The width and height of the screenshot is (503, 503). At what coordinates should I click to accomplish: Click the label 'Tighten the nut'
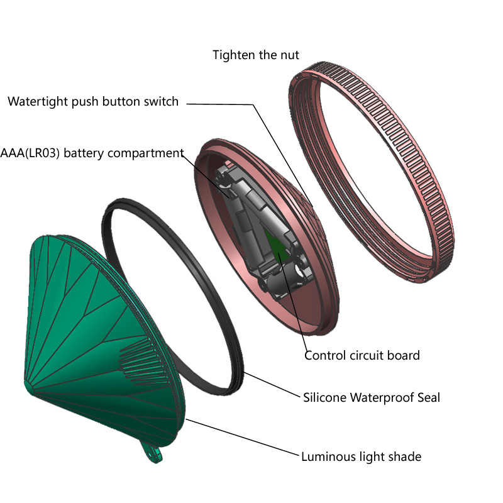click(x=256, y=55)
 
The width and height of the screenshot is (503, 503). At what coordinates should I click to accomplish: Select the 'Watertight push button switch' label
click(x=93, y=101)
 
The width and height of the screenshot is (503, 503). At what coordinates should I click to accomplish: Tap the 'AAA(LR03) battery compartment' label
click(x=92, y=153)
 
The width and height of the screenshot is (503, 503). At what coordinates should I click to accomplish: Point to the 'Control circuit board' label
click(x=362, y=355)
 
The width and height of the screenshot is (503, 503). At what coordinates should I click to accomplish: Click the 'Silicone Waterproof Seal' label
click(x=372, y=397)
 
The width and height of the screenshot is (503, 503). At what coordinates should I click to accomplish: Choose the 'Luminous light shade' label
click(x=361, y=456)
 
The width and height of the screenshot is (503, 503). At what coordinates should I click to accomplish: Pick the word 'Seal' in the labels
click(x=424, y=397)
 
